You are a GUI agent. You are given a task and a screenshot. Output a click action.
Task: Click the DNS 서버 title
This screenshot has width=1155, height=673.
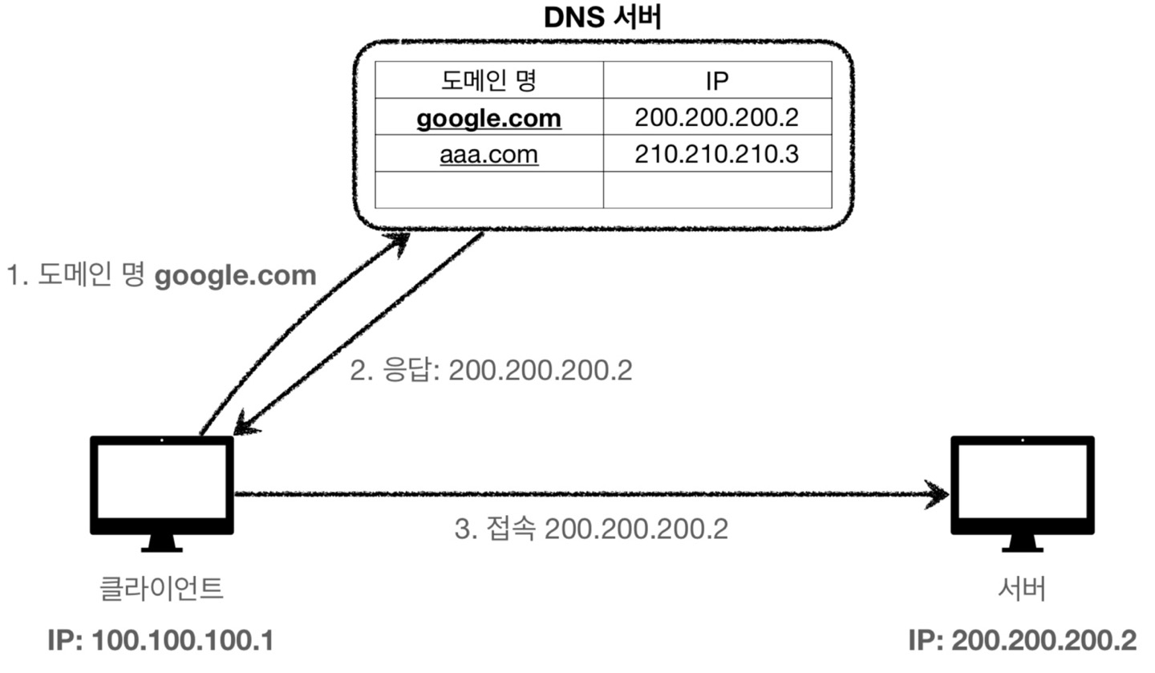pyautogui.click(x=602, y=18)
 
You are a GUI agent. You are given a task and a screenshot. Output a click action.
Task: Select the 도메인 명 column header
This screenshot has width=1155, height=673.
pyautogui.click(x=488, y=80)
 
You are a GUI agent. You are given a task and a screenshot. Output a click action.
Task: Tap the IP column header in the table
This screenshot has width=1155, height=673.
pyautogui.click(x=716, y=80)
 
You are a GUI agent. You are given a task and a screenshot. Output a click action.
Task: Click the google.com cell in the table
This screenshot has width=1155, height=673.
pyautogui.click(x=488, y=118)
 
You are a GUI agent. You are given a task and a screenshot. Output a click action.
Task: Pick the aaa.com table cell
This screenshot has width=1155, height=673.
pyautogui.click(x=488, y=153)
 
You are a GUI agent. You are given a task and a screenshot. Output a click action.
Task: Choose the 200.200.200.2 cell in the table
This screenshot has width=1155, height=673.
pyautogui.click(x=716, y=117)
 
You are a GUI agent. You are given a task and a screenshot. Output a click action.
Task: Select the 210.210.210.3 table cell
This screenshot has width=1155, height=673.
pyautogui.click(x=716, y=153)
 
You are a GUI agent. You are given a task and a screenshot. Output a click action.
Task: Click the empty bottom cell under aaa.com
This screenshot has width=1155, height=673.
pyautogui.click(x=488, y=189)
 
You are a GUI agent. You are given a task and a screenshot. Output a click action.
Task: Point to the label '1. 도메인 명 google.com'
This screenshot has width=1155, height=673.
pyautogui.click(x=161, y=276)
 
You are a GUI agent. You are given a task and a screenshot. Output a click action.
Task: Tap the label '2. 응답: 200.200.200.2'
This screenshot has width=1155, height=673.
pyautogui.click(x=491, y=371)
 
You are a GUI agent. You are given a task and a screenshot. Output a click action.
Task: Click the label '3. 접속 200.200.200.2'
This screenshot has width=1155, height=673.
pyautogui.click(x=591, y=529)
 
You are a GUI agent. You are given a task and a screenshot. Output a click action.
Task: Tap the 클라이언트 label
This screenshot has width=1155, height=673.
pyautogui.click(x=160, y=589)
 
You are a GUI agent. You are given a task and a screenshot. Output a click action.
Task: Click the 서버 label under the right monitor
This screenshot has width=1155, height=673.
pyautogui.click(x=1022, y=589)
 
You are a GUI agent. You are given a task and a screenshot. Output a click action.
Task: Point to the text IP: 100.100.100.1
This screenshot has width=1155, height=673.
pyautogui.click(x=160, y=641)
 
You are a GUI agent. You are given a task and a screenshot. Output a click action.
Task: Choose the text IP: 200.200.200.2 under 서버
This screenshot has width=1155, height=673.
pyautogui.click(x=1022, y=641)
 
